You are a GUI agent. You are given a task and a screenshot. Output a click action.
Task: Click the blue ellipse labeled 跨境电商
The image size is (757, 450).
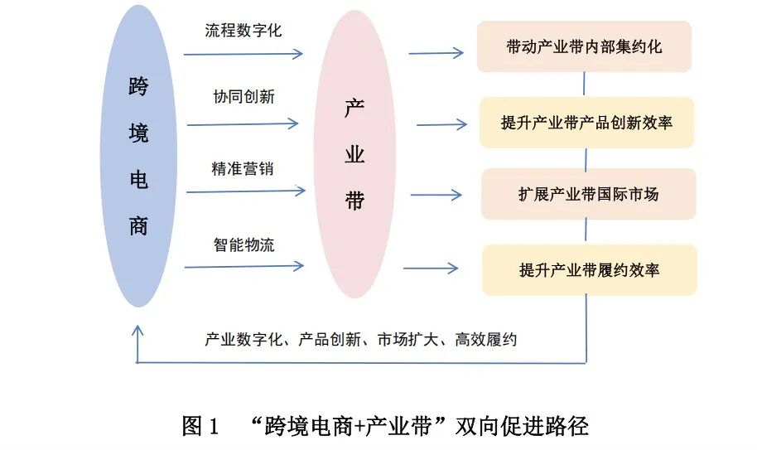138,157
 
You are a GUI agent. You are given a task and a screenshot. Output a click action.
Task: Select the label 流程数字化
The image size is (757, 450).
243,31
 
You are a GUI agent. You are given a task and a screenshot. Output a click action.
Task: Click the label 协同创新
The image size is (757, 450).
243,96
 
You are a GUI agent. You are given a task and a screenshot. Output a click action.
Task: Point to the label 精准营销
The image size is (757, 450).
242,169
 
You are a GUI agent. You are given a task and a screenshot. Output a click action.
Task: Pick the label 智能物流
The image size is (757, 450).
243,245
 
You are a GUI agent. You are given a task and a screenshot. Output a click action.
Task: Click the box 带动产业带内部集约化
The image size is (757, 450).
584,46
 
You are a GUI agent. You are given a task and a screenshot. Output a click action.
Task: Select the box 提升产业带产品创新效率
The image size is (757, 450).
586,123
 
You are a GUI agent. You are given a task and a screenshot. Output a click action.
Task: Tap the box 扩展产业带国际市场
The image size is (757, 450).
588,195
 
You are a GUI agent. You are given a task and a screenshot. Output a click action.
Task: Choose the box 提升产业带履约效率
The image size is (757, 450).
589,270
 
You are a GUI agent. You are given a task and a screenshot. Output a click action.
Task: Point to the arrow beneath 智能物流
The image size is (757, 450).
243,267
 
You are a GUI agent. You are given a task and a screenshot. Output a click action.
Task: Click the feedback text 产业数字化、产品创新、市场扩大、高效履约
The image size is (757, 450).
360,339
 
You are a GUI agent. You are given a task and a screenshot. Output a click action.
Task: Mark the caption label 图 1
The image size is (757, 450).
200,426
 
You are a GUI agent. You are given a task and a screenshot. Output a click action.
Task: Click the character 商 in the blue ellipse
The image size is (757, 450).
138,225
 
